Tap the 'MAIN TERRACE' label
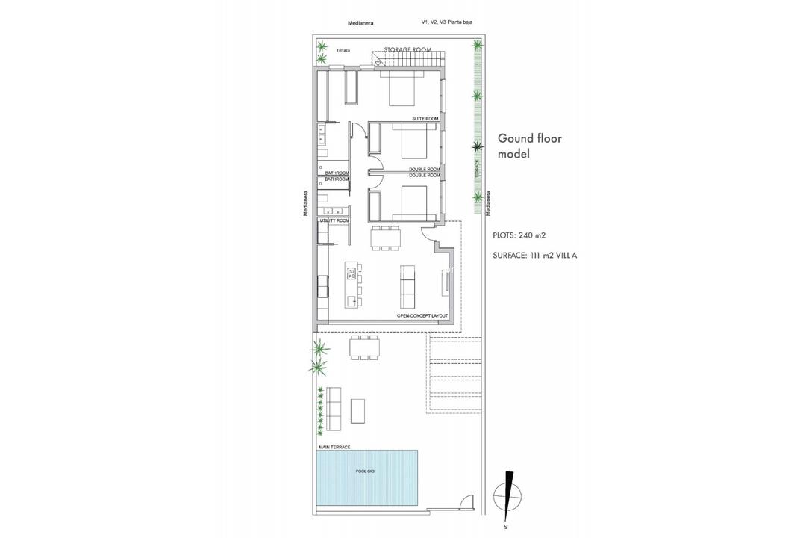coord(335,447)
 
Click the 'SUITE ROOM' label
coord(425,119)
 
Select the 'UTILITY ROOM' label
coord(334,221)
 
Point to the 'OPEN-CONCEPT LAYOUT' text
coord(422,316)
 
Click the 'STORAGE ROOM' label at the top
coord(408,49)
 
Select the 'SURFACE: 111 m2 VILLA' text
coord(535,255)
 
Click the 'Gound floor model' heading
coord(529,146)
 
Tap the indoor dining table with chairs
coord(385,237)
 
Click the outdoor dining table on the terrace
coord(364,347)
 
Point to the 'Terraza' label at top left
coord(343,51)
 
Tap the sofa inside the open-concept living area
coord(408,286)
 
